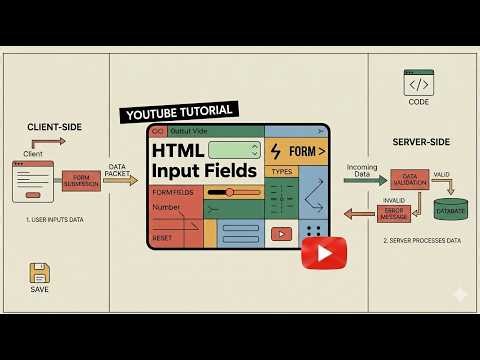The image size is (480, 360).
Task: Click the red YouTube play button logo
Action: (x=323, y=252)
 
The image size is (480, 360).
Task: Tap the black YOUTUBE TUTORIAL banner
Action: (x=178, y=111)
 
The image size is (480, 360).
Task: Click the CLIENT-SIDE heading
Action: (x=54, y=127)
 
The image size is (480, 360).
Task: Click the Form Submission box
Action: (x=82, y=180)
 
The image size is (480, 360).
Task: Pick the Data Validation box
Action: (x=410, y=179)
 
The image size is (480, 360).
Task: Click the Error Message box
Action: (x=394, y=212)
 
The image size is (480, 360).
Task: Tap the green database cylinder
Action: (x=450, y=209)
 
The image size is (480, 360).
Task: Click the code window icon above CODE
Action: (x=418, y=82)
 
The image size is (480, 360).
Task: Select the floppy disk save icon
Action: (x=39, y=273)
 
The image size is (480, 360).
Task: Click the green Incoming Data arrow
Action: (x=365, y=180)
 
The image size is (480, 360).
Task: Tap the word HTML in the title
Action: (x=178, y=150)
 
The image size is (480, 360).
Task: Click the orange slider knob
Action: (x=229, y=191)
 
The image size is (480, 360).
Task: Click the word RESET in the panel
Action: (x=163, y=238)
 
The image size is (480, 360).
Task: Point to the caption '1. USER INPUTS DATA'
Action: (x=54, y=218)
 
